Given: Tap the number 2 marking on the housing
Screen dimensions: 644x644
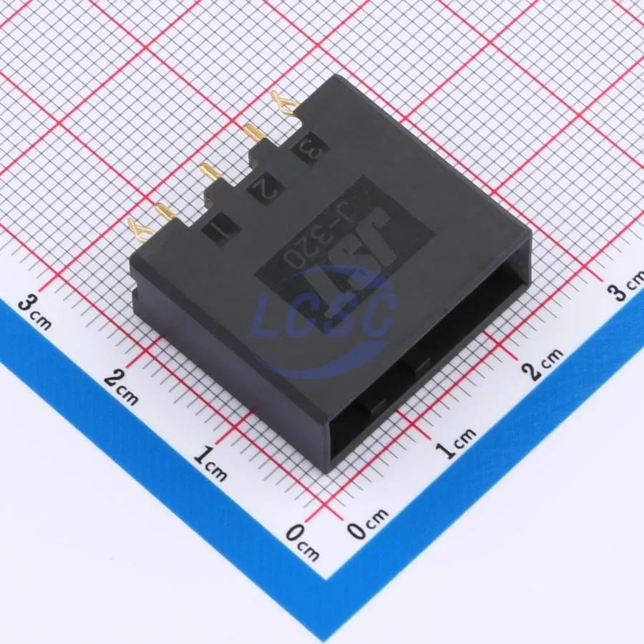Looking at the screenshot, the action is (x=263, y=190).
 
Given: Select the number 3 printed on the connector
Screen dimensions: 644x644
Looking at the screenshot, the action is (x=309, y=150).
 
